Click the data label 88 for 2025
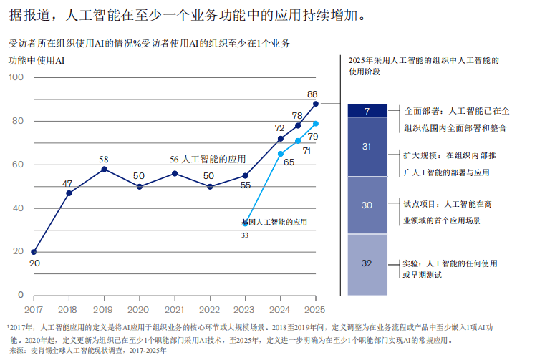[x=312, y=94]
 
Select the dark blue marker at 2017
[x=34, y=252]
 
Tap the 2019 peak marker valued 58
[x=104, y=169]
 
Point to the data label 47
[x=67, y=183]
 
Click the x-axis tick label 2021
[x=174, y=309]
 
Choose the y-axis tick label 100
[x=16, y=77]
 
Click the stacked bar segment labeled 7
[x=367, y=111]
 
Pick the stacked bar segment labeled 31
[x=367, y=147]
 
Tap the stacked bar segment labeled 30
[x=367, y=205]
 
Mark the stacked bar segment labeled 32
[x=367, y=264]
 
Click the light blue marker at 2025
[x=316, y=124]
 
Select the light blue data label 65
[x=289, y=162]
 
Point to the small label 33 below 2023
[x=245, y=235]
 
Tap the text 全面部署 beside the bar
[x=422, y=111]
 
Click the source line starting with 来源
[x=86, y=351]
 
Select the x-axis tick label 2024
[x=280, y=309]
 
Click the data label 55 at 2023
[x=246, y=185]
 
